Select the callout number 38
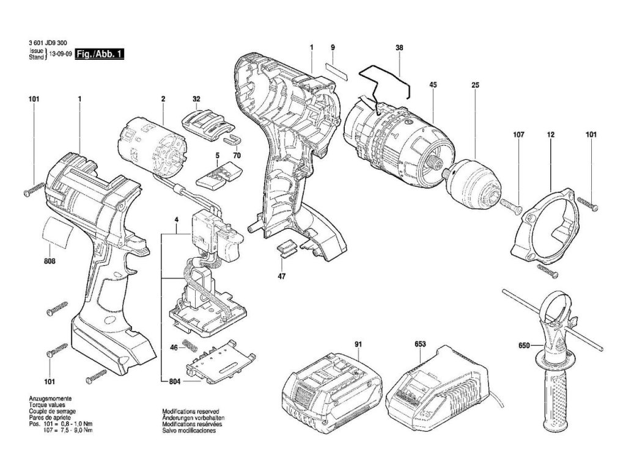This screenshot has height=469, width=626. point(399,47)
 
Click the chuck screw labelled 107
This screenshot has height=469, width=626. point(510,205)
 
